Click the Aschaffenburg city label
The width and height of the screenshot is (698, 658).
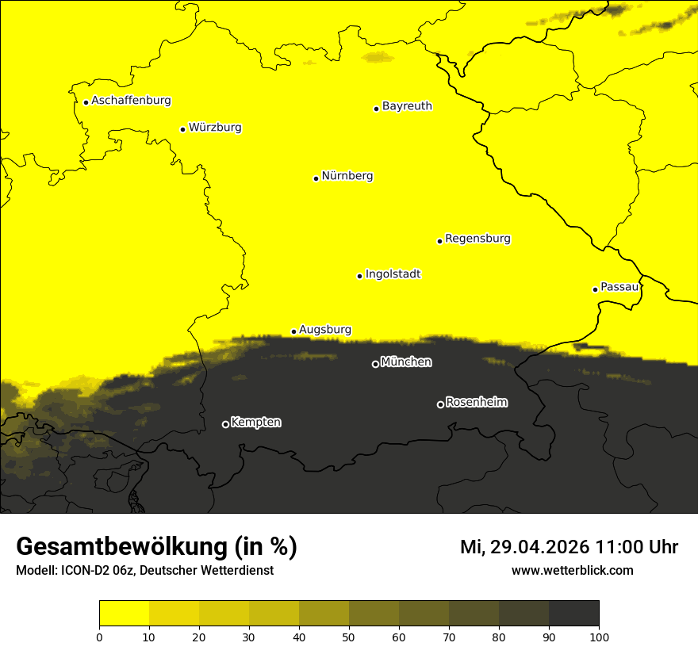tap(131, 101)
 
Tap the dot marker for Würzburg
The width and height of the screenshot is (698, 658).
tap(183, 129)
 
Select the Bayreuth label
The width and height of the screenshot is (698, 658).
tap(407, 105)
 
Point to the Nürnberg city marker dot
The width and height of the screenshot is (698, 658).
tap(316, 178)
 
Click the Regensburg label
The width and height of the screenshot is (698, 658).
tap(477, 238)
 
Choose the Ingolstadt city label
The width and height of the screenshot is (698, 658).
tap(393, 274)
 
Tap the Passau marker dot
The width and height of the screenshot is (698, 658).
tap(595, 289)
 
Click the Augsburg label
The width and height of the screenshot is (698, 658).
tap(325, 329)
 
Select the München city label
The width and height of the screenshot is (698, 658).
tap(406, 362)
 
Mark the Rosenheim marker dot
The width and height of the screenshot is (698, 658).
tap(440, 405)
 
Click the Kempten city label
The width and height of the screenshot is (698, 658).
tap(255, 422)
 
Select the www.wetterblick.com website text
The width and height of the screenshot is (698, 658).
tap(572, 570)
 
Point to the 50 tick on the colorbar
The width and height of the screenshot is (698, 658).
tap(349, 636)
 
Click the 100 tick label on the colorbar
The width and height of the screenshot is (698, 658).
tap(599, 636)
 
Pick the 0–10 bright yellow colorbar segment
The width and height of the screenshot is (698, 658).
tap(124, 613)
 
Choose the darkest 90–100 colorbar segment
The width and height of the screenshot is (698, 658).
tap(573, 613)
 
